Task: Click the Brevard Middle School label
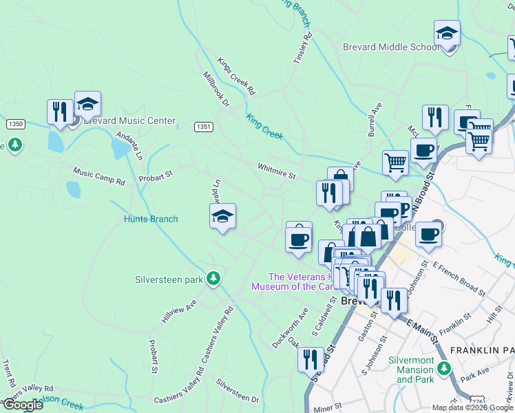click(x=390, y=47)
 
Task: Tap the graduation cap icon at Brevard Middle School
click(x=447, y=34)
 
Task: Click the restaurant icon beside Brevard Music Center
click(x=61, y=112)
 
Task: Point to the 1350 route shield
click(x=16, y=124)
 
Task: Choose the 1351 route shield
click(x=203, y=127)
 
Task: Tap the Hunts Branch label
click(x=151, y=219)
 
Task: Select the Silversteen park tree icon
click(x=214, y=277)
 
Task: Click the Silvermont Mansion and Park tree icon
click(x=445, y=368)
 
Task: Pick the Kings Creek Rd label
click(x=237, y=76)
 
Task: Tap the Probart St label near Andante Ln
click(x=155, y=178)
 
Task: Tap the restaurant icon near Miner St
click(x=311, y=359)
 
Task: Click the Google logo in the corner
click(x=22, y=405)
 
